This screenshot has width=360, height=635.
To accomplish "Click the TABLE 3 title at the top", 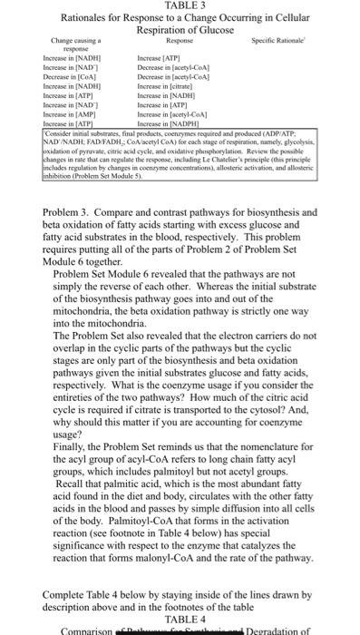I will pyautogui.click(x=180, y=7).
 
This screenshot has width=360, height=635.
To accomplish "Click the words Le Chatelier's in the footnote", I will pyautogui.click(x=232, y=159).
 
